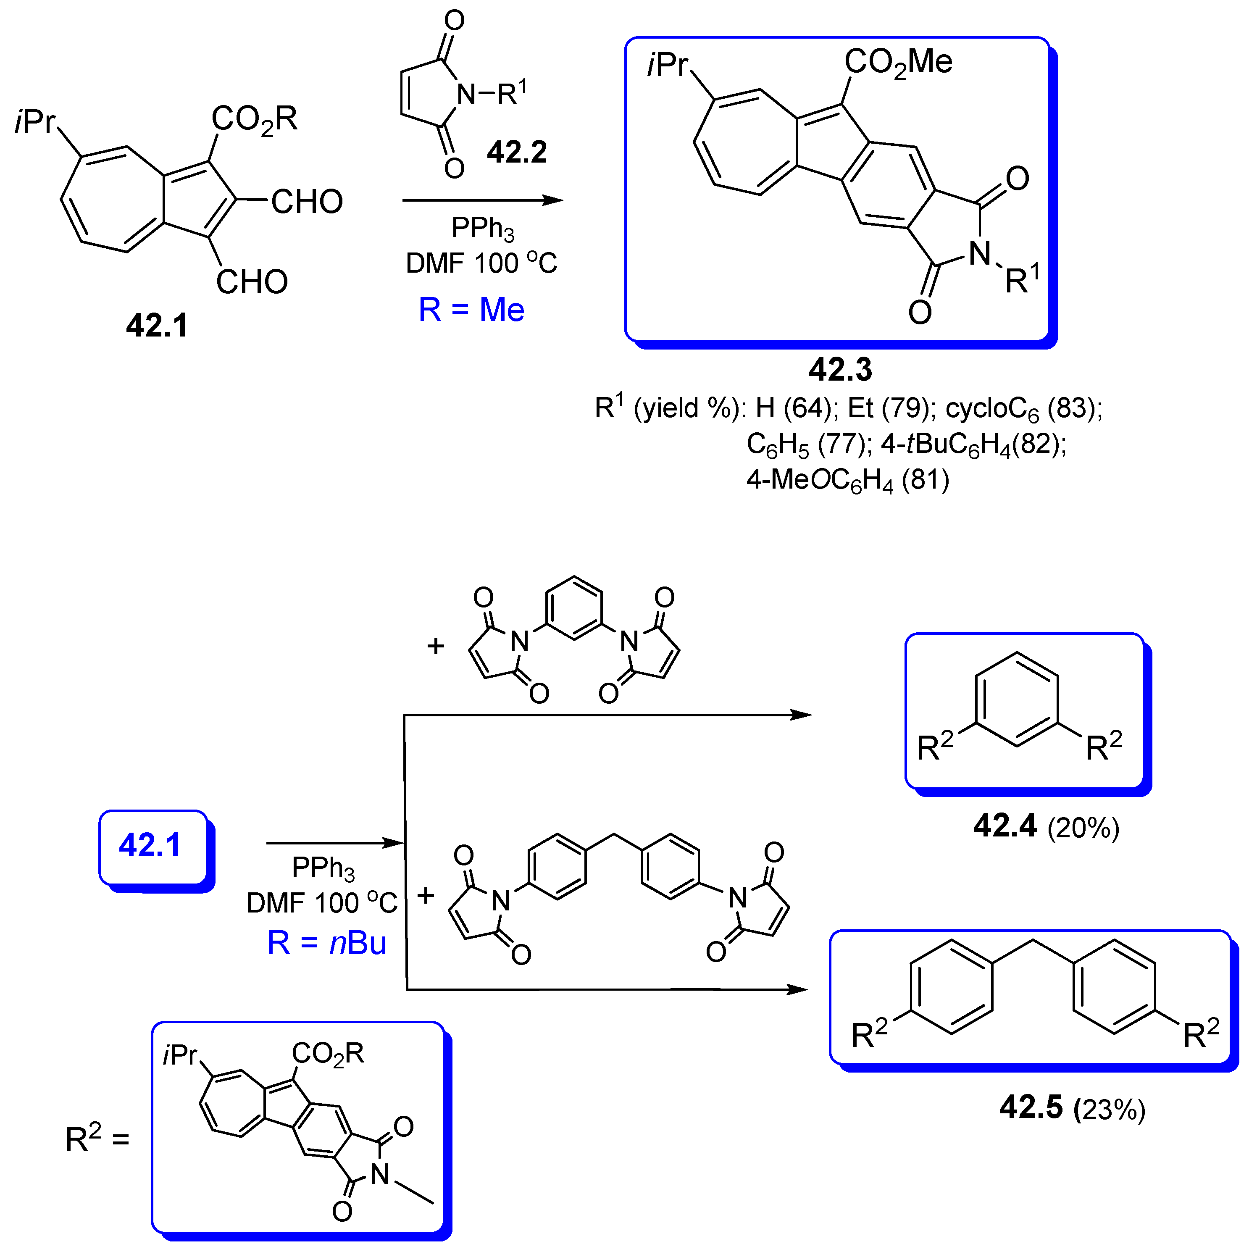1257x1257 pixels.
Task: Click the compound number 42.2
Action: (517, 152)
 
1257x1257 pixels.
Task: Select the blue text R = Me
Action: (471, 310)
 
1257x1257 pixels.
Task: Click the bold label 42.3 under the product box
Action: (840, 370)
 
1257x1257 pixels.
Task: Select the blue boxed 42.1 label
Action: (150, 846)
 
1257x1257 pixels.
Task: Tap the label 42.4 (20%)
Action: (1046, 826)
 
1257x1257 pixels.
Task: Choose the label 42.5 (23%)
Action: (1072, 1107)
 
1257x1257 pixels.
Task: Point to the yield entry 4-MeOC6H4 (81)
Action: (847, 480)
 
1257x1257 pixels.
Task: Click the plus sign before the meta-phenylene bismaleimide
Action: (435, 646)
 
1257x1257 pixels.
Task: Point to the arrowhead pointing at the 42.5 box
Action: (798, 990)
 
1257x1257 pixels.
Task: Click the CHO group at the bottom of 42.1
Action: (252, 282)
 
